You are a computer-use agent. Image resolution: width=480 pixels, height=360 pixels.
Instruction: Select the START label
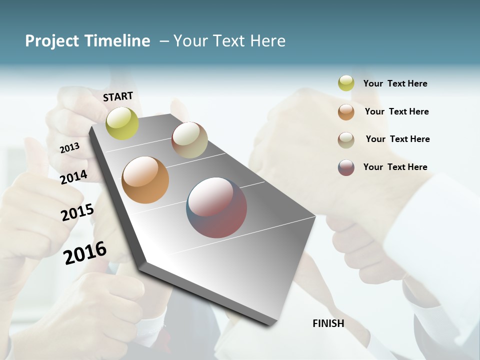[x=118, y=96]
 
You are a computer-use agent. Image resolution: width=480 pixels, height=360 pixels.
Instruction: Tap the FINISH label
[x=328, y=323]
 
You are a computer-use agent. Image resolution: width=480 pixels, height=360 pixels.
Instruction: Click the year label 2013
[x=69, y=147]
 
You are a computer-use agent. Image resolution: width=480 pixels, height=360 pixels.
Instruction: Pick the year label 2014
[x=74, y=177]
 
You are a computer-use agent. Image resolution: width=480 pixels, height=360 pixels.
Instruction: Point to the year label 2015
[x=77, y=212]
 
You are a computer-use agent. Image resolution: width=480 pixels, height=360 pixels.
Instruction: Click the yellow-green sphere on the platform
[x=122, y=123]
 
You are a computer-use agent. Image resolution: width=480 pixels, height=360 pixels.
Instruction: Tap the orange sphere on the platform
[x=145, y=180]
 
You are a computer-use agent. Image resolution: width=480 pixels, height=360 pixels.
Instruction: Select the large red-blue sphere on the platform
[x=216, y=207]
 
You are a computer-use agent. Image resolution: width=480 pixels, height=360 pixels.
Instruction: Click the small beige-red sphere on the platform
[x=189, y=140]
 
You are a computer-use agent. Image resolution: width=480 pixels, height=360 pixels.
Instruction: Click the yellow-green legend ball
[x=346, y=83]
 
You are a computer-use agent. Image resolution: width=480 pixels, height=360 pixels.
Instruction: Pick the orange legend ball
[x=346, y=112]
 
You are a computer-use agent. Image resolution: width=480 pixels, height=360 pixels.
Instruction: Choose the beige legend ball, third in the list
[x=346, y=139]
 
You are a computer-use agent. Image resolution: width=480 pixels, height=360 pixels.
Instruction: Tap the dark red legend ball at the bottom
[x=346, y=167]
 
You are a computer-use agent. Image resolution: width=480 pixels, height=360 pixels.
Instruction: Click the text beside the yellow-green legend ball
[x=395, y=83]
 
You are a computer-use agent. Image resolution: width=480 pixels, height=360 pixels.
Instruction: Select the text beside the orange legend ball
[x=396, y=111]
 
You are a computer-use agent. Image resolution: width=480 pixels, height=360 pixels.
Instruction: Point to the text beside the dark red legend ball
[x=395, y=167]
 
